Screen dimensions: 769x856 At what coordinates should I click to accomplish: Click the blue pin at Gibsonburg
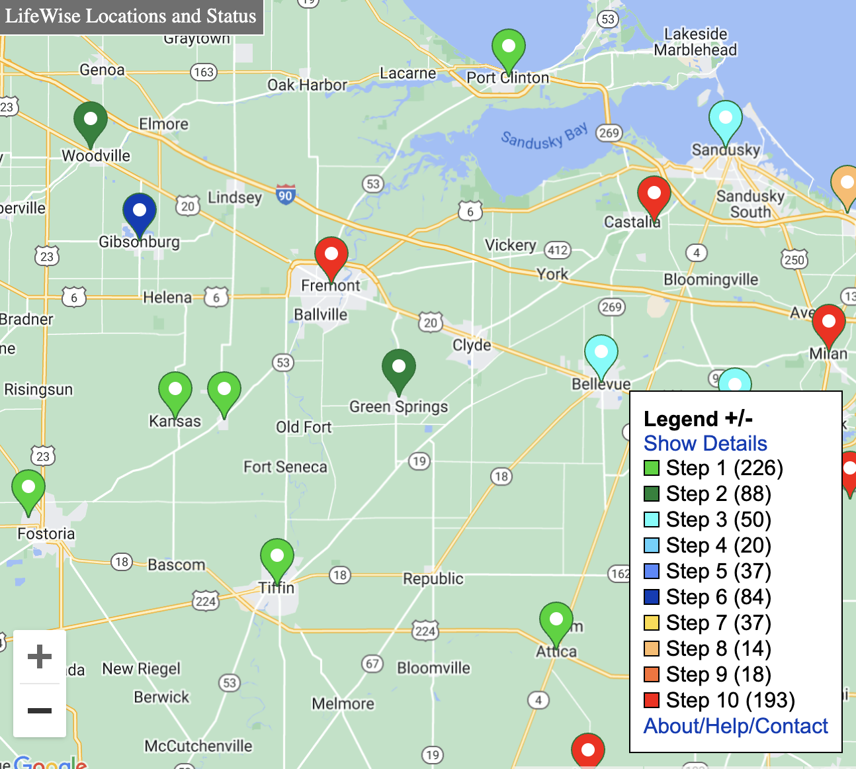coord(140,211)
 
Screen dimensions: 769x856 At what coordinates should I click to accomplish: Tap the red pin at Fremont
coord(331,255)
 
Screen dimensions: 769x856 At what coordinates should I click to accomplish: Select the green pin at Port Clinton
coord(509,47)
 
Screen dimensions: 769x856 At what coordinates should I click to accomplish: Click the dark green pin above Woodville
coord(91,120)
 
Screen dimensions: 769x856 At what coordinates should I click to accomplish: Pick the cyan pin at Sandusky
coord(726,118)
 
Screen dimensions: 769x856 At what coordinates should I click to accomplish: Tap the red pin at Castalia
coord(654,194)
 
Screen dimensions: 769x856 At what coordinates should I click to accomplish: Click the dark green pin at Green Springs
coord(399,367)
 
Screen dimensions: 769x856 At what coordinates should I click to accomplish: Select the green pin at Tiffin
coord(277,557)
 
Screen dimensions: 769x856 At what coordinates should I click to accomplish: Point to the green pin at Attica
coord(556,620)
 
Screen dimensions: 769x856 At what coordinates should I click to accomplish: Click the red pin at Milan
coord(828,322)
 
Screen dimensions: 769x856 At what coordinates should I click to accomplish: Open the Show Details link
coord(705,443)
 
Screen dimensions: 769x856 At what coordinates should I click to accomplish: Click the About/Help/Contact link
coord(736,726)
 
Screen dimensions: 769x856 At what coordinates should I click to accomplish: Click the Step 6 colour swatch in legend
coord(652,597)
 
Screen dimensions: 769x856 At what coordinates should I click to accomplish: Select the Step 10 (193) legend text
coord(730,700)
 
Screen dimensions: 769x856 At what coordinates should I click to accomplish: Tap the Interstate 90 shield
coord(285,195)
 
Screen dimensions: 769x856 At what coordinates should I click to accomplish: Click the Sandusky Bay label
coord(544,136)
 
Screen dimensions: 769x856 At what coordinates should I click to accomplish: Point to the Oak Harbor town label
coord(307,85)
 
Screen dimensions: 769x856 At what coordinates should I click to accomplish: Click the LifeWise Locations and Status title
coord(131,16)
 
